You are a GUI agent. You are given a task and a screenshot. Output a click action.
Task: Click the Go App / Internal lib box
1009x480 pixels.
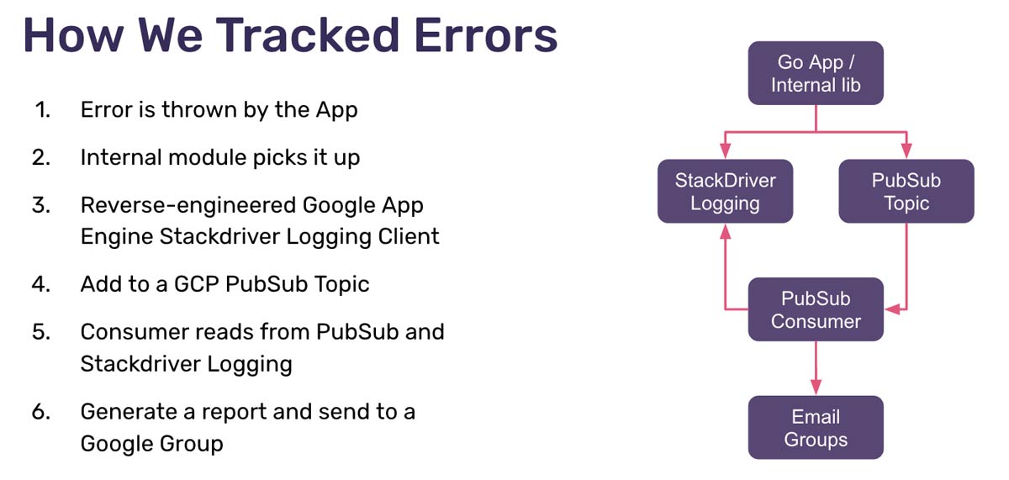pos(816,73)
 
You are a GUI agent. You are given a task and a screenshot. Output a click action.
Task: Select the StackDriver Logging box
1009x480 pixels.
pos(725,192)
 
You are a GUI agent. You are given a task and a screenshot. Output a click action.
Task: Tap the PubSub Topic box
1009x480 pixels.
pos(906,192)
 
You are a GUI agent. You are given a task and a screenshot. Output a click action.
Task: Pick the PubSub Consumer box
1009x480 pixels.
pos(816,309)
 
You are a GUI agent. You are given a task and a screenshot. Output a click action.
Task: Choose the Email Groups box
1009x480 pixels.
pos(816,428)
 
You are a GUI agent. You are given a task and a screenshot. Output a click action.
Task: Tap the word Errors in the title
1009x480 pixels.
pos(473,35)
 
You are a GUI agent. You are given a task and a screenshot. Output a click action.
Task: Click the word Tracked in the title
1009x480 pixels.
pos(280,35)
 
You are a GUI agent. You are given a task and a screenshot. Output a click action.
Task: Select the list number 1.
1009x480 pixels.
pos(43,110)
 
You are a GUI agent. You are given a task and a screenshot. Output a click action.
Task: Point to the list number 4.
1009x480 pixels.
pos(42,284)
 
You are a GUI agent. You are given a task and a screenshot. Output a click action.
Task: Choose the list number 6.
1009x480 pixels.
pos(42,412)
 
